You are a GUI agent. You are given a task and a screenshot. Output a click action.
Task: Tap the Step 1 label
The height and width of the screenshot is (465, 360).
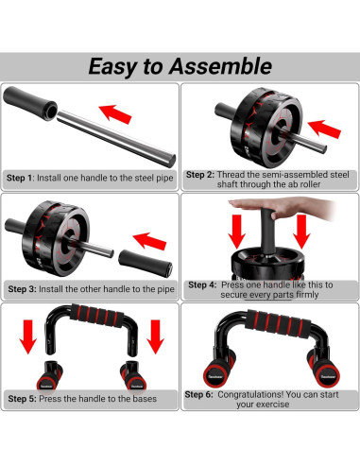coord(20,178)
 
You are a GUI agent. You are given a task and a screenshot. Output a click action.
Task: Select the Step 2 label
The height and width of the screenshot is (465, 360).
coord(200,174)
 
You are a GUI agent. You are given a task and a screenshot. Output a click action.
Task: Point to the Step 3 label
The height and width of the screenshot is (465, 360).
coord(20,287)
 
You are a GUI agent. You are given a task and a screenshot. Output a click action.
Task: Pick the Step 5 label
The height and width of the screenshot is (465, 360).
coord(20,398)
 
